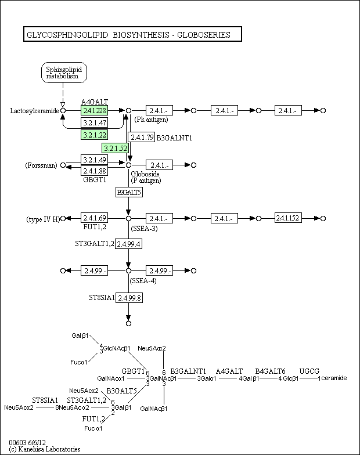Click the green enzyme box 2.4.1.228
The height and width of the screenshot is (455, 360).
point(94,110)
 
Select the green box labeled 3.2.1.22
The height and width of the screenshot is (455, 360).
point(94,135)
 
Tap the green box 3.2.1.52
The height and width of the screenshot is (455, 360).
point(115,149)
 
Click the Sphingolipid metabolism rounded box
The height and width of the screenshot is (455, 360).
point(64,73)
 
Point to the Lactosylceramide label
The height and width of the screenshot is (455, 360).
point(35,111)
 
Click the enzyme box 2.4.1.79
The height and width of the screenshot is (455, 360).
point(142,137)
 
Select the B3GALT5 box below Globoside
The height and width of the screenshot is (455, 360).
point(129,193)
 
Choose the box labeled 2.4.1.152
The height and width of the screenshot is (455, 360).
point(288,218)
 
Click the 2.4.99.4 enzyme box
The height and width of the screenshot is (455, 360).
point(129,244)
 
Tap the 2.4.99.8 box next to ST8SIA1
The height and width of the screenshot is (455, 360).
point(129,298)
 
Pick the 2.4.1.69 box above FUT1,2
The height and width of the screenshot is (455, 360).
point(94,218)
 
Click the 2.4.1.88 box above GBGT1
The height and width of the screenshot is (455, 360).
point(94,171)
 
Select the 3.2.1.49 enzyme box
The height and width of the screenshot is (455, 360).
point(94,160)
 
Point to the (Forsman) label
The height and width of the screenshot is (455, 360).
point(41,165)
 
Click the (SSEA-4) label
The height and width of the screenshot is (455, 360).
point(143,281)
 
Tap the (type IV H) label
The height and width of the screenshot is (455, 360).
point(43,219)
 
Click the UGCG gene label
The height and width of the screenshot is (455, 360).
point(309,371)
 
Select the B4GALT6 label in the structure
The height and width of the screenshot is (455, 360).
point(271,371)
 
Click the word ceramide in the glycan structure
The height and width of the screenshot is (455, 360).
point(334,378)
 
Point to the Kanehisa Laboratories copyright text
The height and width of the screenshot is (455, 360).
point(45,449)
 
